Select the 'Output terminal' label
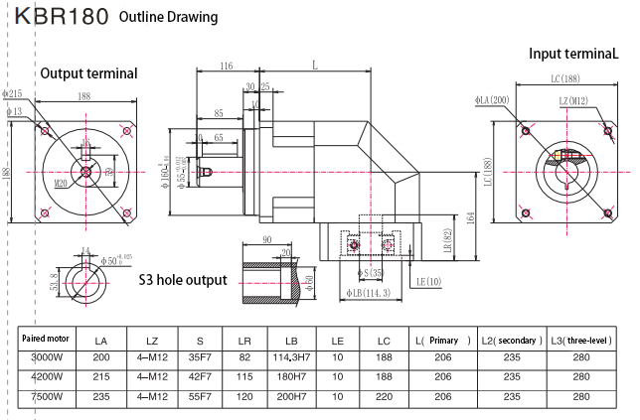pyautogui.click(x=88, y=73)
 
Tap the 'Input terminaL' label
pyautogui.click(x=573, y=54)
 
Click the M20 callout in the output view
pyautogui.click(x=61, y=183)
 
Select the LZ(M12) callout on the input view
pyautogui.click(x=573, y=100)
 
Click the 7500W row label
pyautogui.click(x=43, y=396)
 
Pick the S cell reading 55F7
pyautogui.click(x=200, y=397)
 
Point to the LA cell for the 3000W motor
pyautogui.click(x=100, y=357)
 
